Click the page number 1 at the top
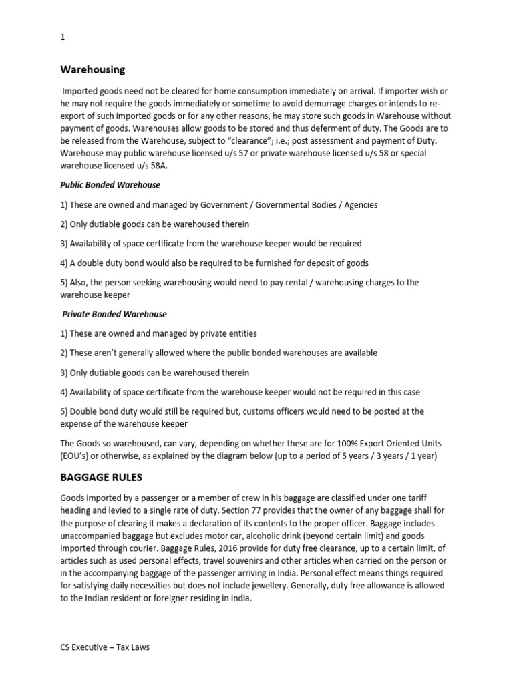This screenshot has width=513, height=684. [x=63, y=38]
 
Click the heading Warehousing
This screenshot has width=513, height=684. [x=93, y=69]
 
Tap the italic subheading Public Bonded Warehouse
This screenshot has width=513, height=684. [x=110, y=184]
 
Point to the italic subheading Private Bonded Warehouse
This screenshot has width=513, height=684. [x=114, y=313]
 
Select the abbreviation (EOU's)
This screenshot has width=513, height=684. [x=79, y=456]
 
